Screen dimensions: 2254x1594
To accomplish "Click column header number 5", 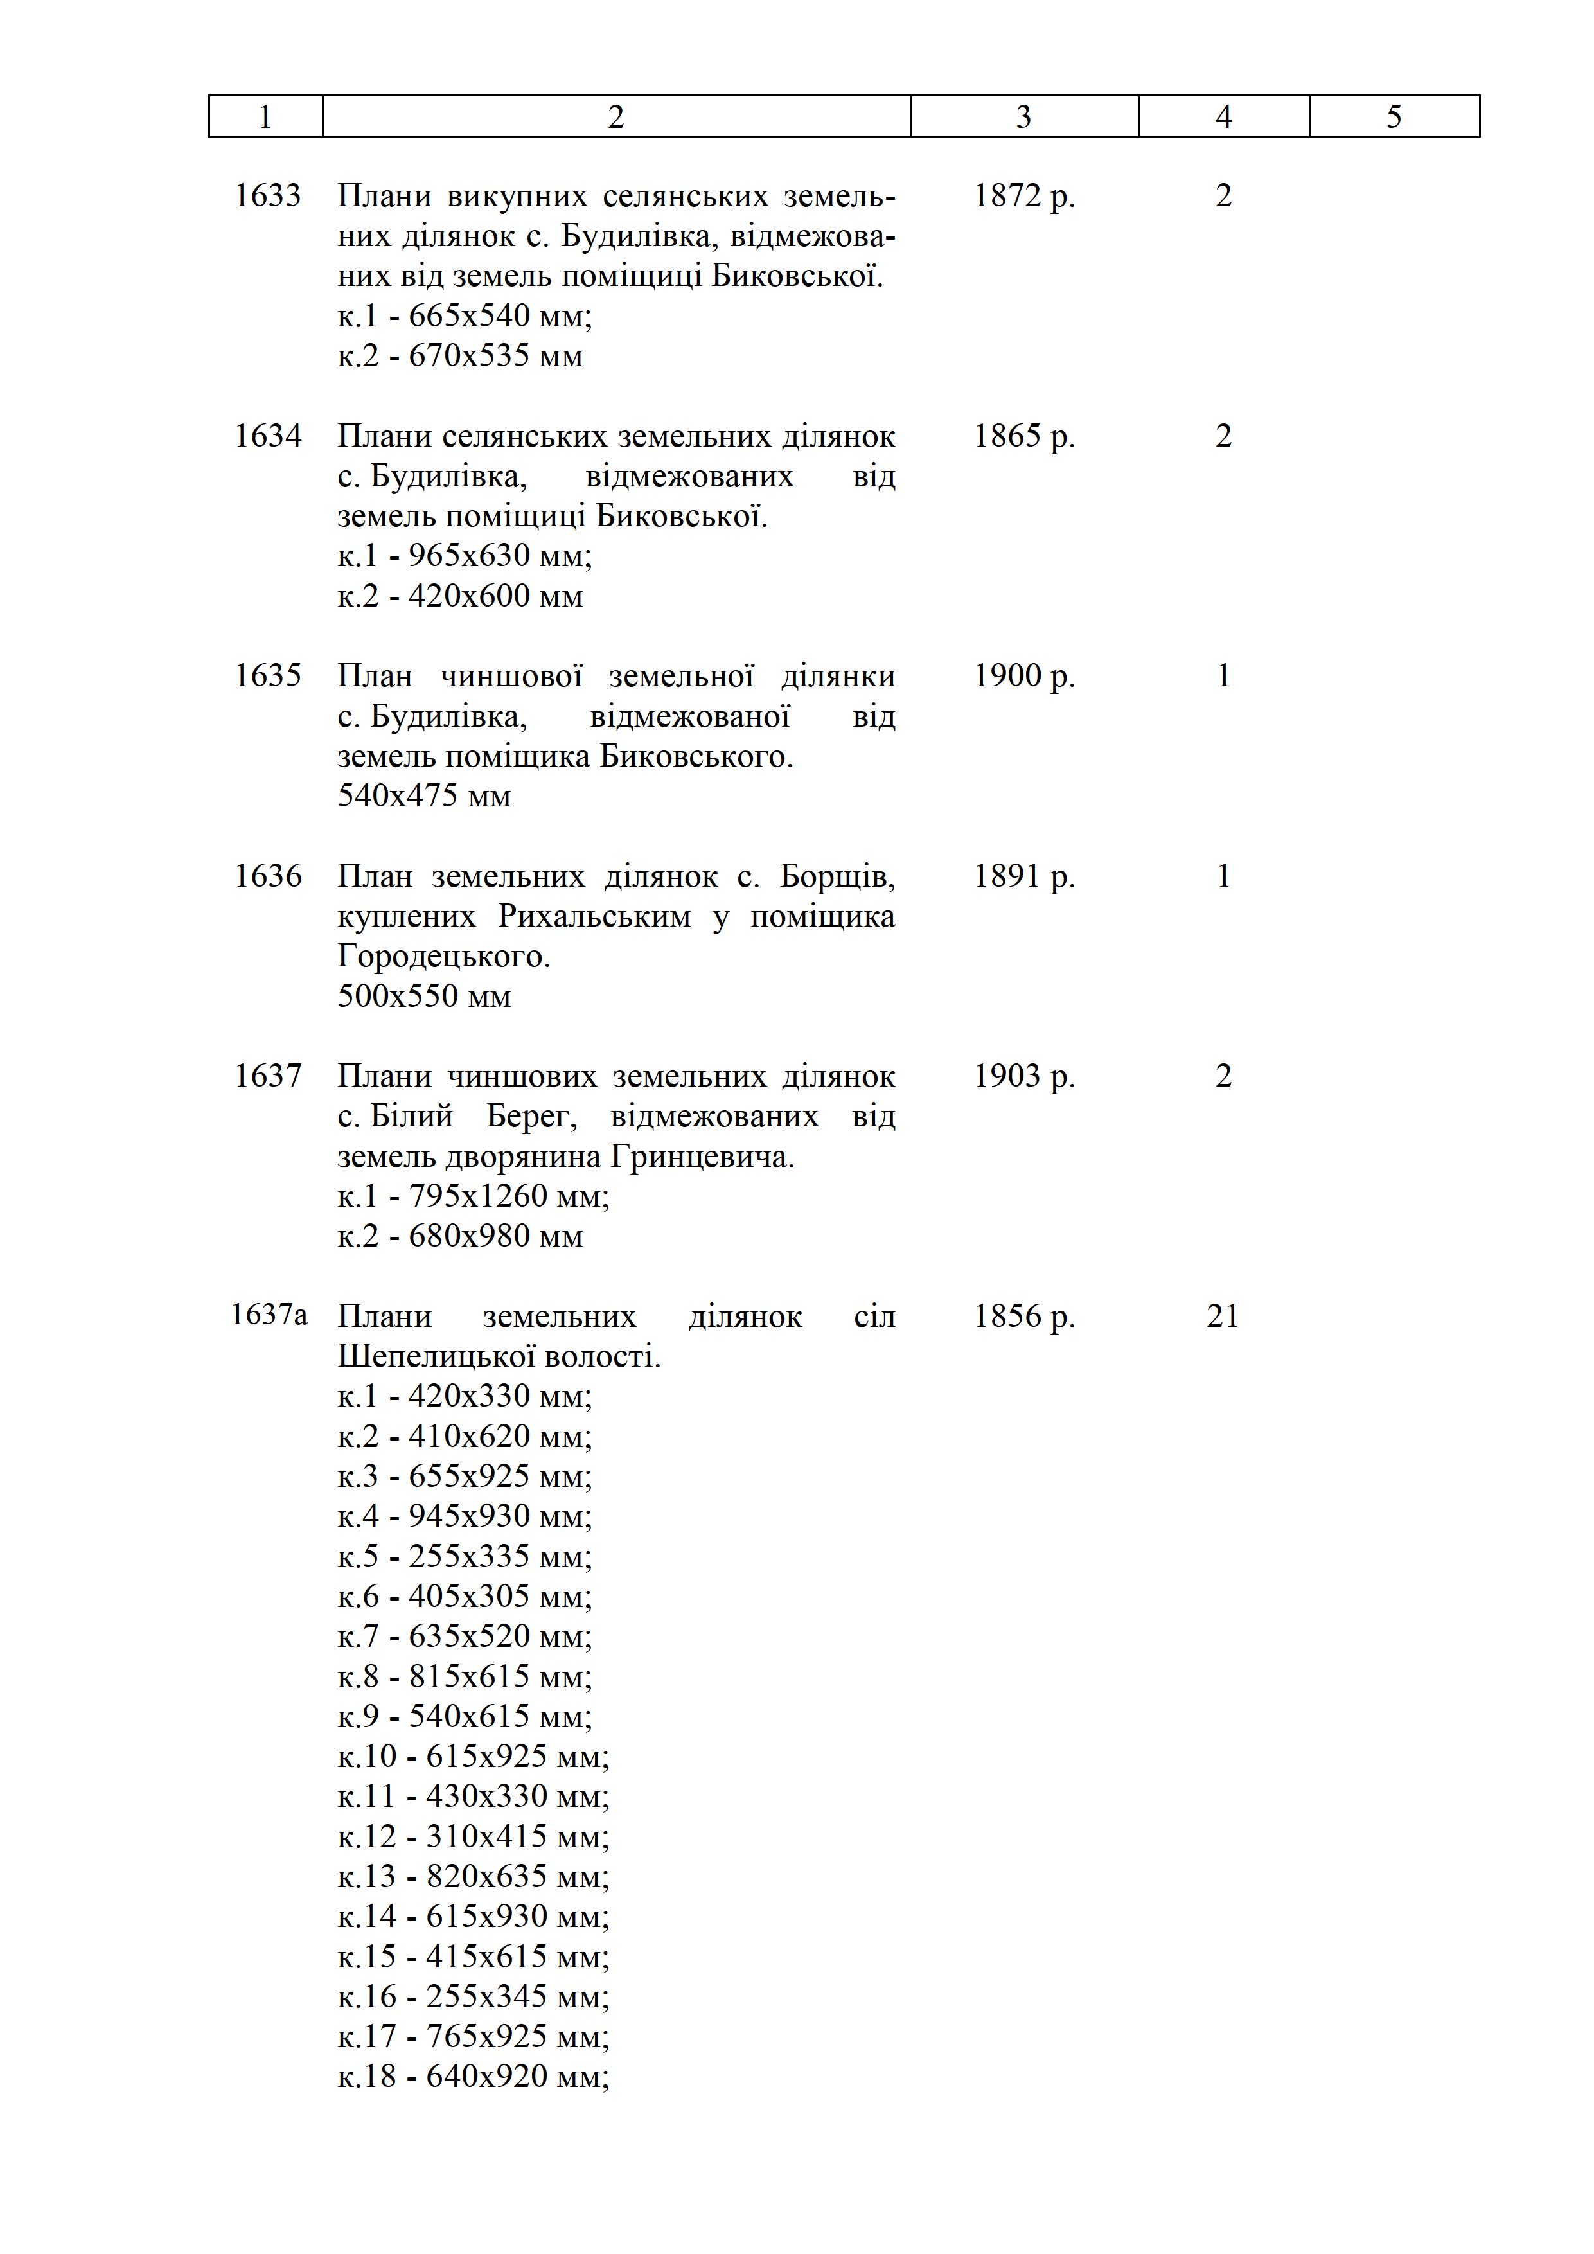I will (x=1393, y=117).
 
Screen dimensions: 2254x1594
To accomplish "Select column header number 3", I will (x=1023, y=117).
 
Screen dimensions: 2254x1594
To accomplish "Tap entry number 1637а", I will (x=268, y=1315).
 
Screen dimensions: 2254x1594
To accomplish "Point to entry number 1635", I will (x=267, y=675).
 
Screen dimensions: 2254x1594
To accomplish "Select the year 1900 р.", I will (x=1023, y=675).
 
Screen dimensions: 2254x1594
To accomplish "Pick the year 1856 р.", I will (x=1023, y=1315).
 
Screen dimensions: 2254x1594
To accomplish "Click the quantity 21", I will (x=1222, y=1315).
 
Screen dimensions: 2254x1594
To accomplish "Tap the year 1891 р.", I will (x=1023, y=876).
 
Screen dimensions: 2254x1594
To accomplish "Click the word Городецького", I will (x=444, y=956).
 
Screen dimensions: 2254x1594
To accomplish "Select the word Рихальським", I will (x=594, y=916).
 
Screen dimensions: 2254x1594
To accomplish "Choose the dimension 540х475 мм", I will (x=424, y=795).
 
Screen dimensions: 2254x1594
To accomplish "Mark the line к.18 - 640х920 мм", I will (x=473, y=2076).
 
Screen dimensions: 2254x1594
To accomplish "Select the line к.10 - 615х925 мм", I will (x=473, y=1755).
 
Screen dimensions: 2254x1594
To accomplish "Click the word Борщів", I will (x=837, y=876).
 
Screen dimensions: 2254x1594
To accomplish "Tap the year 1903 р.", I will (x=1023, y=1076).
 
